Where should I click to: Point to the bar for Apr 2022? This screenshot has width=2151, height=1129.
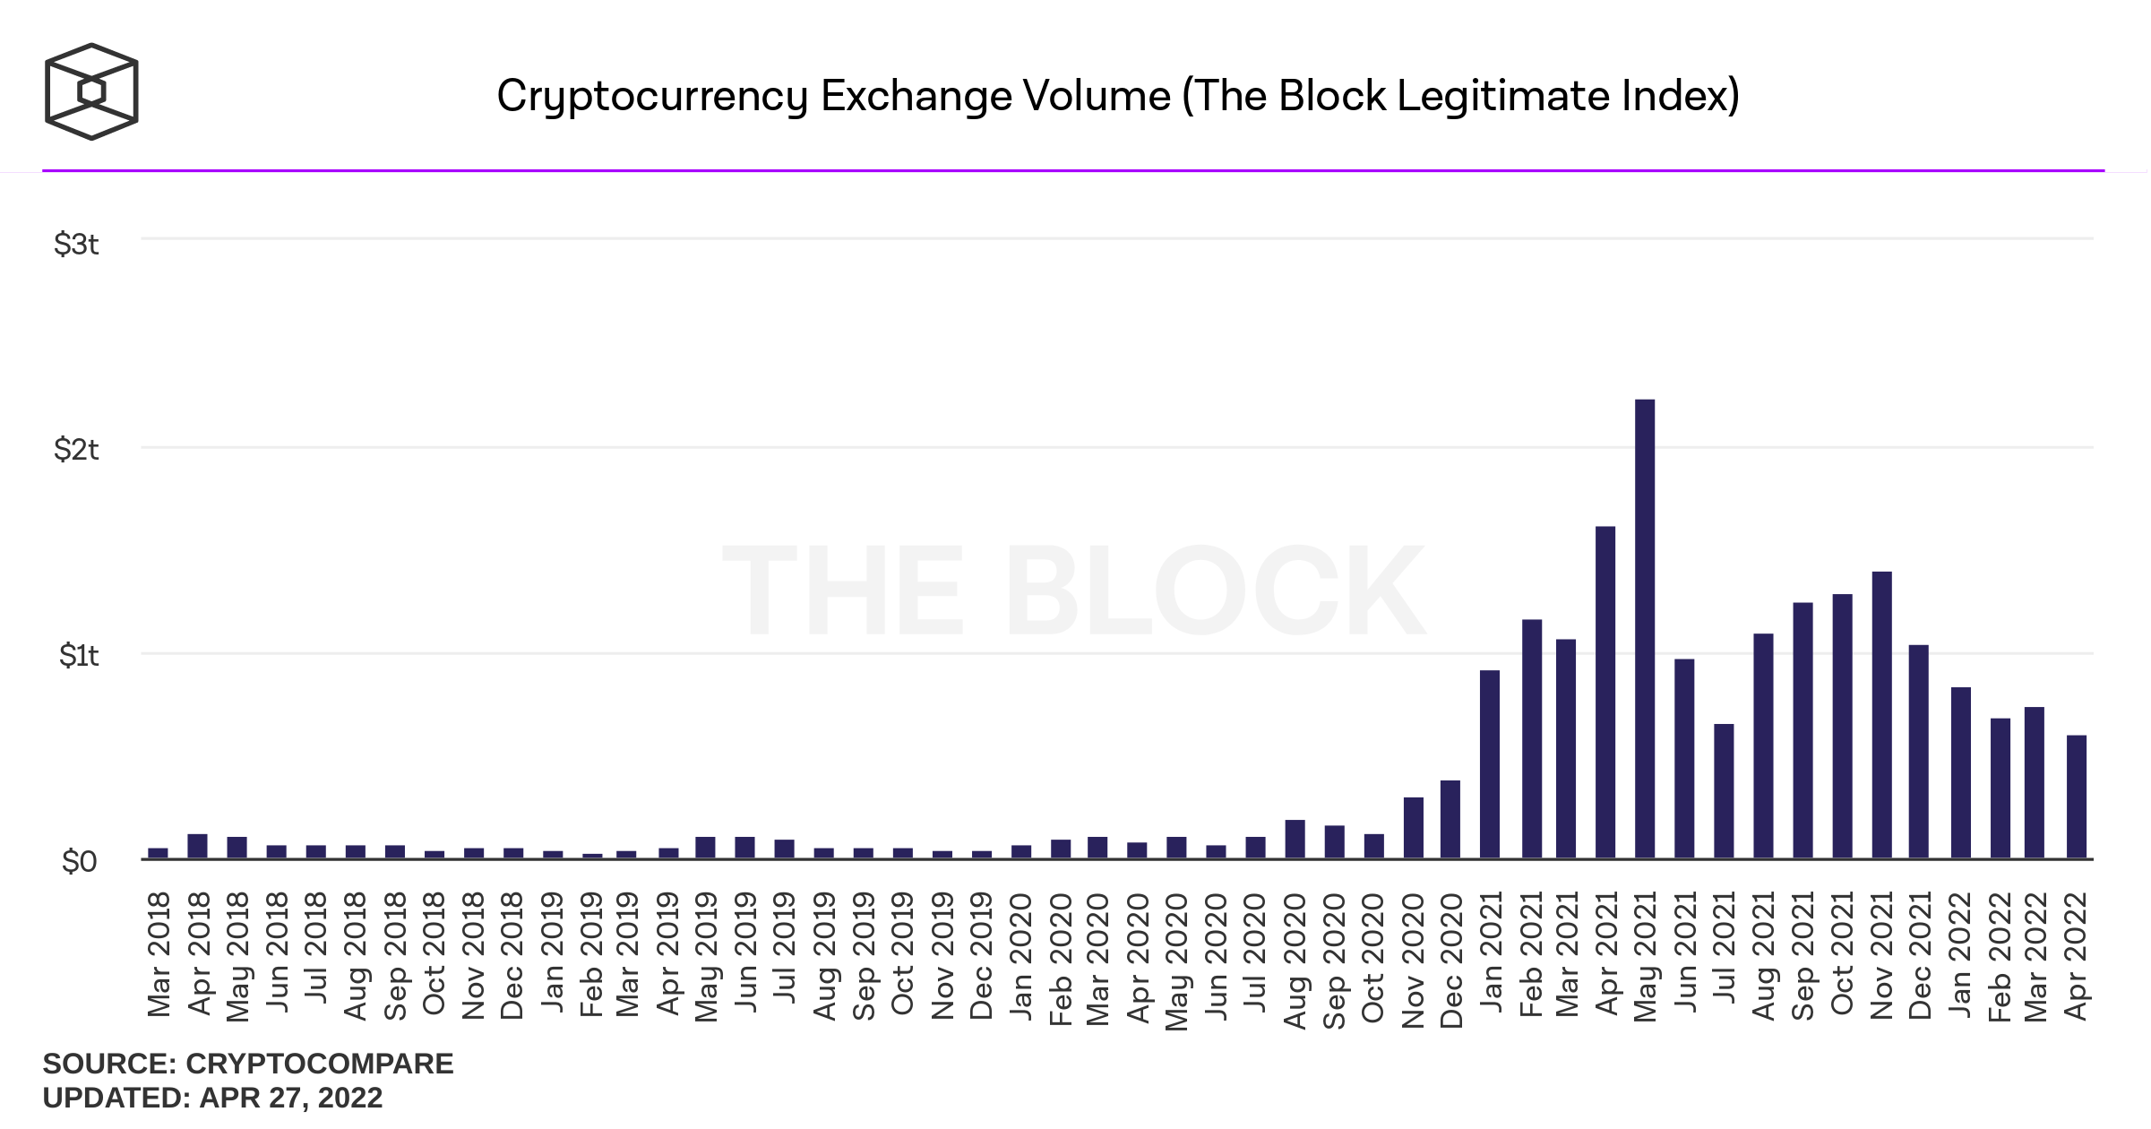coord(2077,797)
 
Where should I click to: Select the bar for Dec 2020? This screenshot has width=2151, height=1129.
coord(1450,820)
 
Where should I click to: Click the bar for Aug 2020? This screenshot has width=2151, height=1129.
coord(1295,840)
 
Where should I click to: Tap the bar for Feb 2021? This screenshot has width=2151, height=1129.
coord(1532,739)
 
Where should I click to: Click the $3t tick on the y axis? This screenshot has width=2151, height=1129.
coord(76,244)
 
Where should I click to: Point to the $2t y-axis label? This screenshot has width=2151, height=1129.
coord(76,449)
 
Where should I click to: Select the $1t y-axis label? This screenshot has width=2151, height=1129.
coord(78,655)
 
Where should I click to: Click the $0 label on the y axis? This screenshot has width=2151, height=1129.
coord(78,861)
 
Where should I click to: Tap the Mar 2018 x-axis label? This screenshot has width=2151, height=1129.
coord(159,954)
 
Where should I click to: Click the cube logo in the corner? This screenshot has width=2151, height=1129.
coord(91,91)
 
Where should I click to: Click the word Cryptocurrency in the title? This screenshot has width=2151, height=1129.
coord(652,96)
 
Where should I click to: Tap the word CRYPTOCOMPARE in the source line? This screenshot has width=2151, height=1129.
coord(319,1064)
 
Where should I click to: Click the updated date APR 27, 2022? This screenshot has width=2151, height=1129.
coord(290,1098)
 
